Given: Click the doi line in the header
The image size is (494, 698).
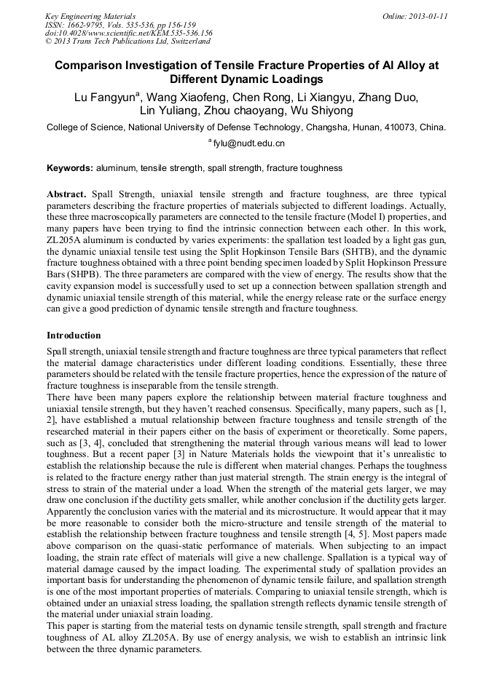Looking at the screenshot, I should click(129, 33).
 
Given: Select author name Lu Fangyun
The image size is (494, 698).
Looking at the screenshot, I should click(105, 97).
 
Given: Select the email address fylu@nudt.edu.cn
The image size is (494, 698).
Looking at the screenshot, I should click(249, 143).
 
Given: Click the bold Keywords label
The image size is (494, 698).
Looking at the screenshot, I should click(70, 168).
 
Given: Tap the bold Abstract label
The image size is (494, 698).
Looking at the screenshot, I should click(66, 195).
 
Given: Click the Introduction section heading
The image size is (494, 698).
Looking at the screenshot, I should click(74, 336).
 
